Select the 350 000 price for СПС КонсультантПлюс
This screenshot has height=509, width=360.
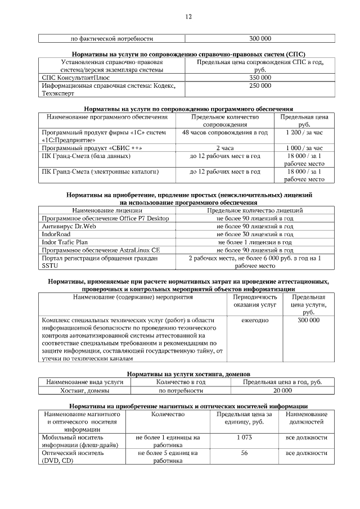click(x=260, y=78)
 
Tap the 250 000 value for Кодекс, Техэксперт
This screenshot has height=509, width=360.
click(x=260, y=85)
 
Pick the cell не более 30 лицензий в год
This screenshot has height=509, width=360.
click(x=255, y=234)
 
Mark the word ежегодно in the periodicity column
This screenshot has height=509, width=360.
click(x=255, y=320)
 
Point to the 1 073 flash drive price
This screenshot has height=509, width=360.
click(x=245, y=437)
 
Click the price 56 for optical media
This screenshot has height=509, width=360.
click(x=245, y=452)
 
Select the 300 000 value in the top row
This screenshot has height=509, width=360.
click(x=260, y=39)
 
